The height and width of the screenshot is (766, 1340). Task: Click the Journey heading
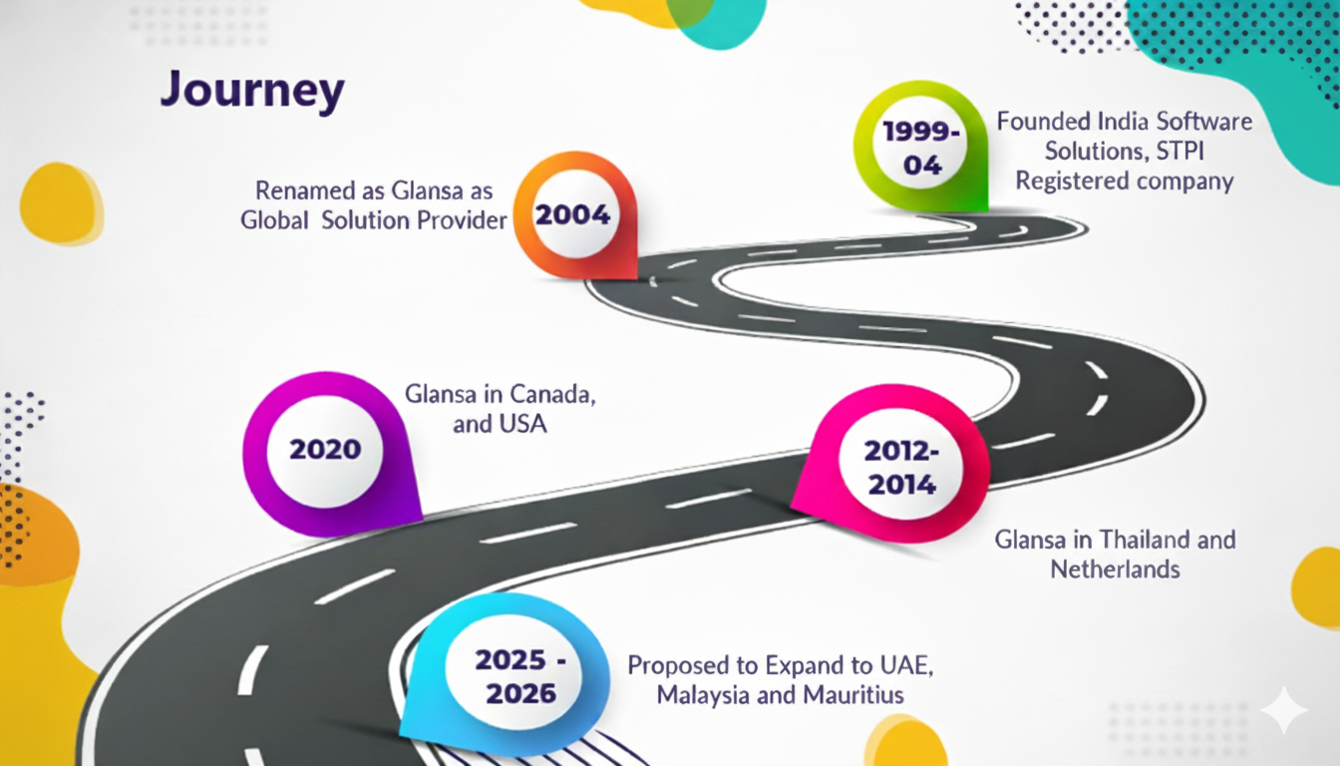pos(252,92)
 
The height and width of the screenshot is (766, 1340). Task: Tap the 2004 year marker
pos(572,214)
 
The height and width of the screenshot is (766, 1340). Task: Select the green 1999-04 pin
pos(922,148)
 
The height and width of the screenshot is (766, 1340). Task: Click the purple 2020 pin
pos(325,449)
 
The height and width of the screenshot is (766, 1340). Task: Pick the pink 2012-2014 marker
pos(900,467)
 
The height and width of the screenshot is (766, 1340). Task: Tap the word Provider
pos(460,219)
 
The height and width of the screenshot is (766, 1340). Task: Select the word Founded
pos(1044,122)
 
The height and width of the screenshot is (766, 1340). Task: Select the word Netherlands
pos(1115,570)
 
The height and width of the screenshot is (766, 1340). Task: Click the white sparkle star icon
pos(1282,710)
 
